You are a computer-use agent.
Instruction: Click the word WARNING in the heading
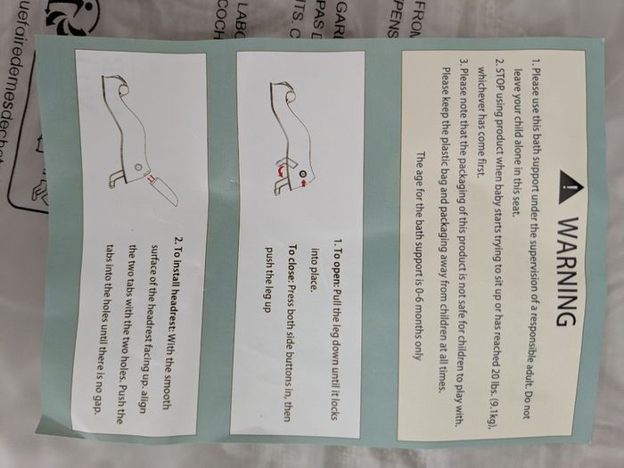point(565,272)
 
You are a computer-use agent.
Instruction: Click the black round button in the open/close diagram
point(302,174)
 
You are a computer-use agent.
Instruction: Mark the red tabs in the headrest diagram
point(150,178)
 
